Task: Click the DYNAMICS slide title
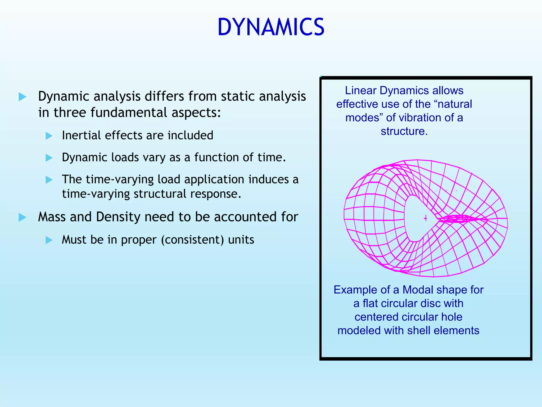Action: [x=271, y=27]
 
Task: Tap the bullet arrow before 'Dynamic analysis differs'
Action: [x=22, y=97]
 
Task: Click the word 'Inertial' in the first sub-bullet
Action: [x=82, y=135]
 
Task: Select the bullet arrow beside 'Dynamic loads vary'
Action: [x=49, y=158]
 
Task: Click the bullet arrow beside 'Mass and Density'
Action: [x=22, y=218]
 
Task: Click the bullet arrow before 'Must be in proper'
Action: [x=49, y=240]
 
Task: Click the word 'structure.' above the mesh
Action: [x=404, y=131]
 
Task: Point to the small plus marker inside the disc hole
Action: [x=425, y=218]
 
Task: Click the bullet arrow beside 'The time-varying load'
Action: [x=49, y=180]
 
